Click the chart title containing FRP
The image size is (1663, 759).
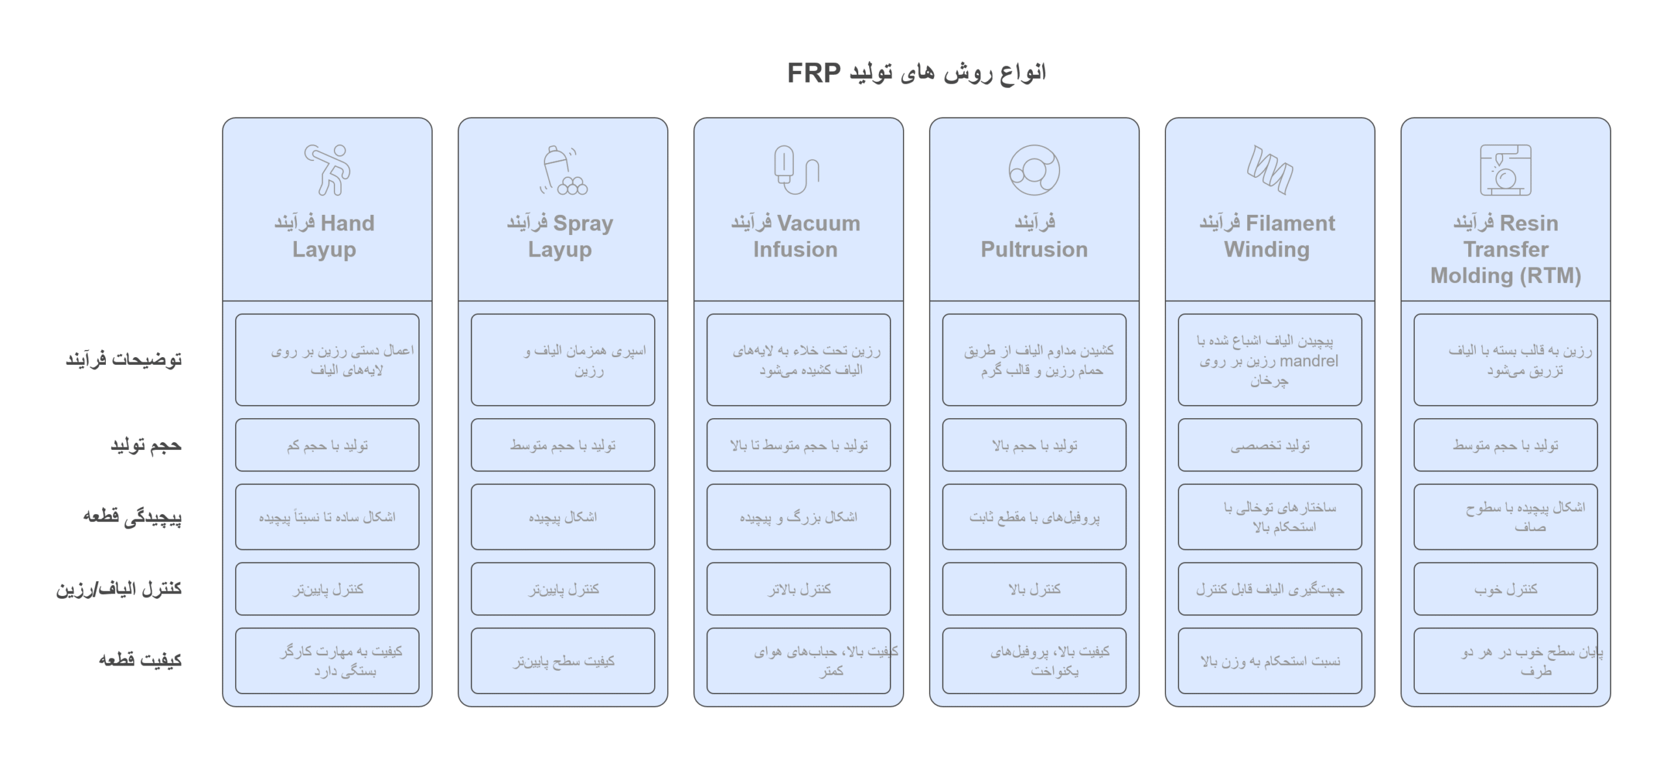917,73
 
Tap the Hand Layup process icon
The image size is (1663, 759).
327,169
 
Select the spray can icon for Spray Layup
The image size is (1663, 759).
563,170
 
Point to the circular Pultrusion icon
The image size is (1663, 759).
1034,170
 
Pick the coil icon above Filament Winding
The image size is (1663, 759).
1269,169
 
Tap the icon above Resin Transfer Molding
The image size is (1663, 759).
1505,170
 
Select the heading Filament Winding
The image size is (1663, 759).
1267,236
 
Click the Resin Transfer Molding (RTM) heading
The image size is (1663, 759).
1506,249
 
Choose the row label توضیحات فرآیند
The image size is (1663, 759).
123,359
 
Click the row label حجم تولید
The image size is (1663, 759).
146,445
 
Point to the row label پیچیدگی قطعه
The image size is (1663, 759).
133,517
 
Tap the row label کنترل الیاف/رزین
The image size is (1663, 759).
119,589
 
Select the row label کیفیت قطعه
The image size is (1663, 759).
140,660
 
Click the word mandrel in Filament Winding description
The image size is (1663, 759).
1308,361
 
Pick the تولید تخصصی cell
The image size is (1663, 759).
1270,445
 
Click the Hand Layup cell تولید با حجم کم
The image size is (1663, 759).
327,445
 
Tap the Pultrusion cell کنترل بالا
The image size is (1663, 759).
1034,589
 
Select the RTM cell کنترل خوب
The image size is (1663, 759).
1506,589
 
